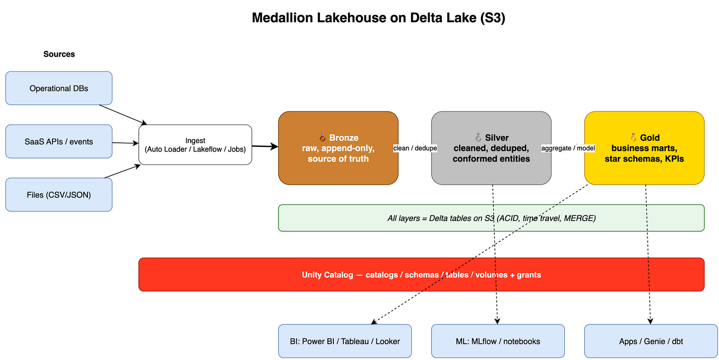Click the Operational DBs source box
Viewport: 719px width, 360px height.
(x=59, y=88)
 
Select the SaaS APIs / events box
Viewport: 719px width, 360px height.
(x=59, y=142)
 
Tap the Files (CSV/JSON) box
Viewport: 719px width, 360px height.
(x=59, y=195)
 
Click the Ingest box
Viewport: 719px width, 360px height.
(x=195, y=145)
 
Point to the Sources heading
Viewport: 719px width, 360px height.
(x=59, y=54)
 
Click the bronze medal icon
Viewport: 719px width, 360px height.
(x=322, y=138)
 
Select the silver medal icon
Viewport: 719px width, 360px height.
(x=478, y=138)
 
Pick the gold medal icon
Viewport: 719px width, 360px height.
(x=633, y=138)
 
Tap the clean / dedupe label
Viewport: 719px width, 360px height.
(x=415, y=148)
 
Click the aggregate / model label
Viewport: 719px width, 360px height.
(x=568, y=148)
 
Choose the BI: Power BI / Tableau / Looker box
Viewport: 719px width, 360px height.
(x=345, y=341)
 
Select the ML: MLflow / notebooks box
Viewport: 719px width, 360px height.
(x=498, y=341)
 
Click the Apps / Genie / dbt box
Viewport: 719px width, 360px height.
(x=651, y=341)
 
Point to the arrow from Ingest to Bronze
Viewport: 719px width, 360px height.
(x=265, y=146)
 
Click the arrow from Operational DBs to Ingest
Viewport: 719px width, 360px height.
(x=123, y=115)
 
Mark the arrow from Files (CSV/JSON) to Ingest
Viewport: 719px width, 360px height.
(x=122, y=171)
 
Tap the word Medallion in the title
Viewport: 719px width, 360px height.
(x=282, y=18)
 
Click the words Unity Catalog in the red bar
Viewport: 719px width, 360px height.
(x=327, y=275)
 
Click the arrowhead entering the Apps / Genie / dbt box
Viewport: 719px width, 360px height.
(x=650, y=321)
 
